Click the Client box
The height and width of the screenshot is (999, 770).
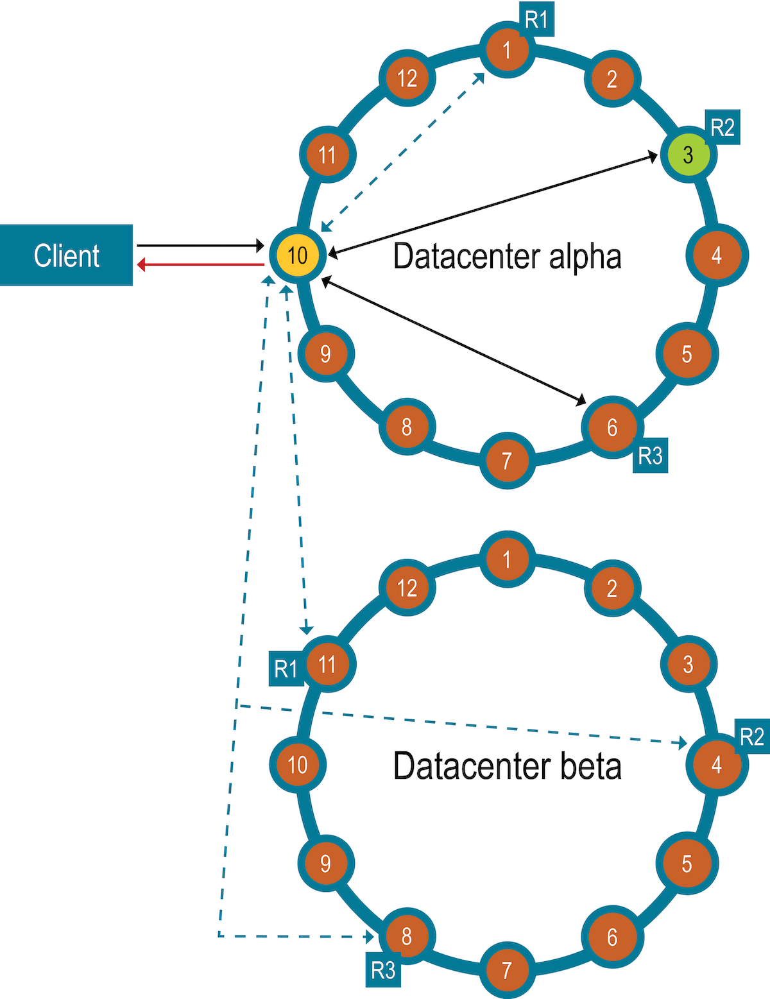[66, 255]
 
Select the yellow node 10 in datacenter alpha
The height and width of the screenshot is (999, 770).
[297, 255]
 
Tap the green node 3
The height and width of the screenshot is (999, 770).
[688, 154]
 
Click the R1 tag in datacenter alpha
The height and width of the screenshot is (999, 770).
[536, 20]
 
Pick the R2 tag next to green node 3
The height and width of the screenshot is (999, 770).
[723, 127]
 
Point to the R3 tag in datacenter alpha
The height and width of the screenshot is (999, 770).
[650, 456]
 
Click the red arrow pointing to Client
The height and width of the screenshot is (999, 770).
[200, 264]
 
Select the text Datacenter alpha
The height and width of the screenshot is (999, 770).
[507, 256]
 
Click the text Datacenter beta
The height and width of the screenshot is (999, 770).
[507, 765]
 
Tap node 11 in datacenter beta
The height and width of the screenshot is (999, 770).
[327, 664]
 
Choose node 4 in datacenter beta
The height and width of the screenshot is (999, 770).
[717, 764]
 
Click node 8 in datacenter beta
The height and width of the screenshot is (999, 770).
[406, 936]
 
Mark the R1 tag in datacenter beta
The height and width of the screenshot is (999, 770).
[286, 669]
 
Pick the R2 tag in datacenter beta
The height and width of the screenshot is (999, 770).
[752, 737]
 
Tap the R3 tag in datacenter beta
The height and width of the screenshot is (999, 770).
[384, 969]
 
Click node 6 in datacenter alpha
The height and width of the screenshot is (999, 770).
[612, 427]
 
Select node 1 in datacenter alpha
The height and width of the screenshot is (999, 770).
[507, 49]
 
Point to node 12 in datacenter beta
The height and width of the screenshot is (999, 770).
[407, 588]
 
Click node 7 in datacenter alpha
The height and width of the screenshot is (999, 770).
[507, 460]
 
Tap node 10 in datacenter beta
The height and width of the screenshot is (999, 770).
[297, 764]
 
